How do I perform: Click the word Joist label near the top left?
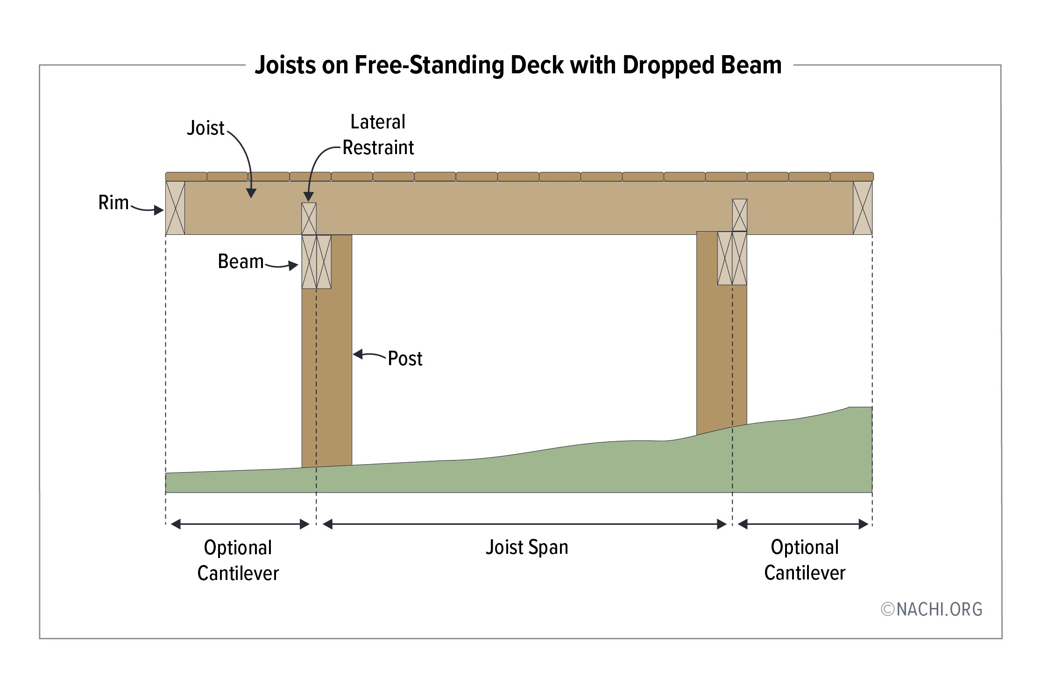click(x=205, y=128)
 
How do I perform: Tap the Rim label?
click(x=113, y=203)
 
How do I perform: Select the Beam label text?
click(x=241, y=261)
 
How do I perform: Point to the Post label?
click(x=405, y=359)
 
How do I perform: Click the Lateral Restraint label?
click(x=378, y=135)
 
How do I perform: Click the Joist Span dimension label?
click(x=527, y=547)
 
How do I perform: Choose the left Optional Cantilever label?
click(x=238, y=560)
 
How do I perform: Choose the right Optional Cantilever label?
click(x=805, y=560)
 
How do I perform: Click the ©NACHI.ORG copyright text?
click(x=932, y=609)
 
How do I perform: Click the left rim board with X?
click(x=175, y=208)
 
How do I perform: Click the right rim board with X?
click(x=863, y=208)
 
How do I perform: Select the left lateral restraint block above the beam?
click(x=309, y=219)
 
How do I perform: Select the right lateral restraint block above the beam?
click(x=740, y=215)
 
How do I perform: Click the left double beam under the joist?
click(x=317, y=261)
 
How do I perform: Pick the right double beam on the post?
click(x=732, y=258)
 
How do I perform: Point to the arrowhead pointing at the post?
click(x=358, y=354)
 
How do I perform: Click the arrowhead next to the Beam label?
click(x=293, y=266)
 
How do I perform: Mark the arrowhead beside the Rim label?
click(x=159, y=210)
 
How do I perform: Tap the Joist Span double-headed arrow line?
click(x=524, y=524)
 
